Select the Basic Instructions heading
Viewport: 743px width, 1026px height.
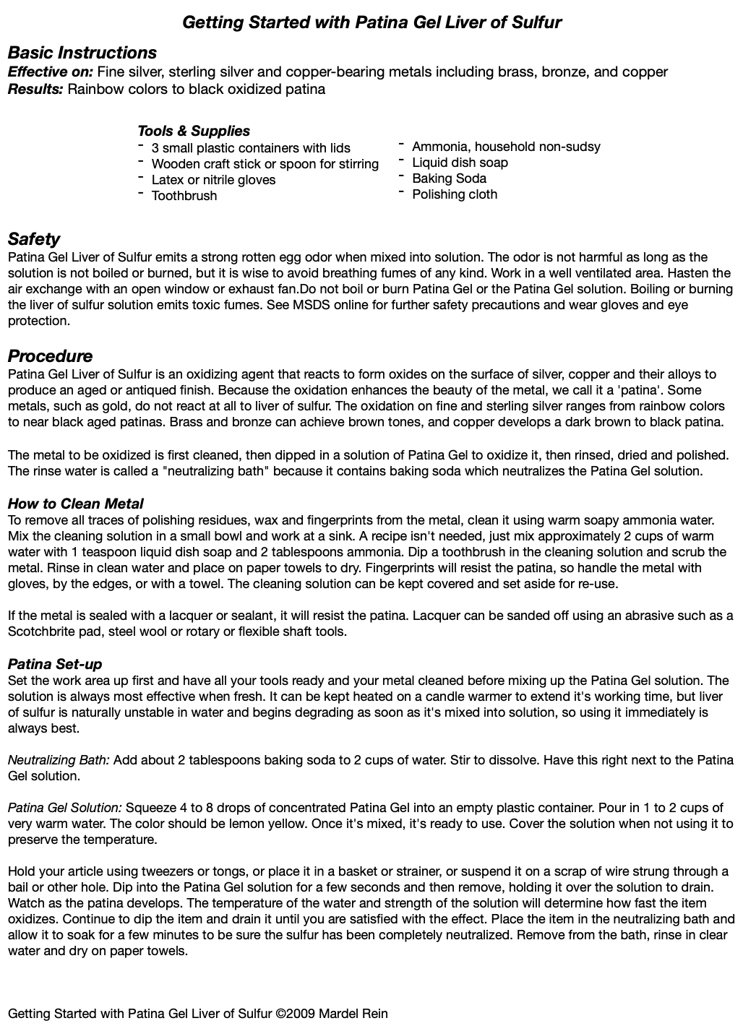click(x=82, y=53)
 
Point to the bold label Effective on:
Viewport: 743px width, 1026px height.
click(x=50, y=72)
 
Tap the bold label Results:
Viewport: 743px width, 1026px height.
click(x=35, y=89)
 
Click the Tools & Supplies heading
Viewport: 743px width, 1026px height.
click(x=194, y=131)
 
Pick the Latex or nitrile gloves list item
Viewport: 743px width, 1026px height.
click(x=213, y=180)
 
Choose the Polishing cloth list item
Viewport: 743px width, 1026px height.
click(x=455, y=194)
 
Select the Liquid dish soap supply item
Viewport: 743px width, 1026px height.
click(x=460, y=163)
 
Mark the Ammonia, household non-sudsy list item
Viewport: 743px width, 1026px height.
click(x=506, y=147)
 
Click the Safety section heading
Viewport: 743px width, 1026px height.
click(x=33, y=239)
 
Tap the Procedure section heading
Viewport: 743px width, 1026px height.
click(x=50, y=356)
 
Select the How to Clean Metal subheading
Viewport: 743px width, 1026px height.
click(x=75, y=504)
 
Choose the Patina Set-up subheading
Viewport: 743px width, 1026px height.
click(x=55, y=664)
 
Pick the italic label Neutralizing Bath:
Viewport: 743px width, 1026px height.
click(x=59, y=760)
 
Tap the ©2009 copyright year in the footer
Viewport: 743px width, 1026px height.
click(x=296, y=1014)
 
